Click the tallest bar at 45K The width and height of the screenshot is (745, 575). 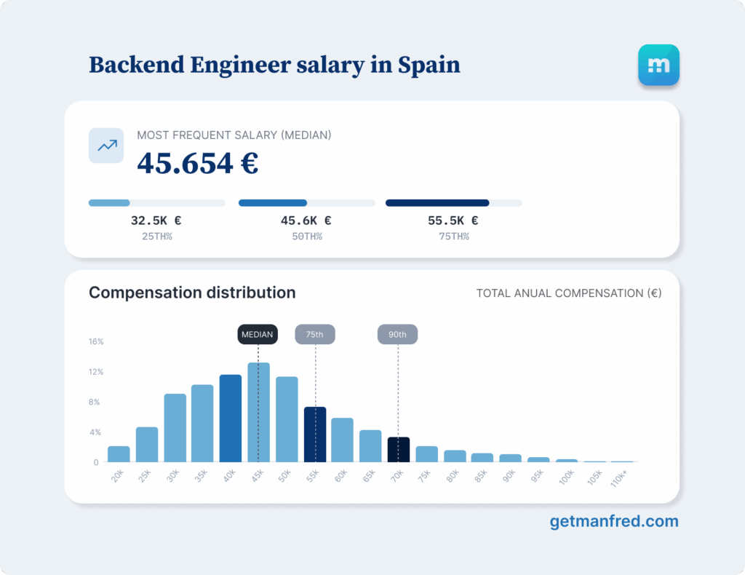point(258,412)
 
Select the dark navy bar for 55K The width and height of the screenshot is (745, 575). point(315,435)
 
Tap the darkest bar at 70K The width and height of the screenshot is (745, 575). point(398,449)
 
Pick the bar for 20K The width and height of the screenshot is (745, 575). point(119,454)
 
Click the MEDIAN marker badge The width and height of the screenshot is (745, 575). point(258,335)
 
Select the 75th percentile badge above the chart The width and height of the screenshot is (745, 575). point(315,335)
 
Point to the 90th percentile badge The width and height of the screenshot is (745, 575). point(398,335)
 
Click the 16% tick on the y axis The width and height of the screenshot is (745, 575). point(96,341)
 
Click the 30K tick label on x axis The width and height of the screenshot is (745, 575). point(174,475)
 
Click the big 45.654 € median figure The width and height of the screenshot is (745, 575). point(198,163)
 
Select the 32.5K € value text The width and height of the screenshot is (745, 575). point(156,221)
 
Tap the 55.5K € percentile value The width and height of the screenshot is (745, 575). point(453,221)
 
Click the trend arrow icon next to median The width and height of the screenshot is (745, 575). point(106,146)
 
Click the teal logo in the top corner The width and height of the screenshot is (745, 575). point(658,66)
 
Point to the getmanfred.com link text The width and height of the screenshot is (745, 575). point(614,521)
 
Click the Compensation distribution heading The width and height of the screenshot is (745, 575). point(192,293)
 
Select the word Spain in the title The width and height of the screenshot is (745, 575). point(429,65)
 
